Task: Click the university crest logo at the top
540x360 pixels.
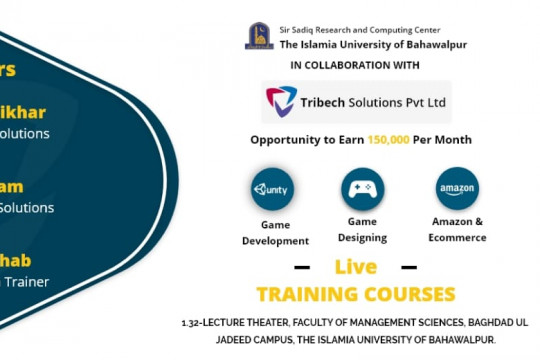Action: coord(259,36)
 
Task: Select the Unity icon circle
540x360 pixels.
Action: coord(273,189)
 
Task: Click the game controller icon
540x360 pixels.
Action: coord(362,188)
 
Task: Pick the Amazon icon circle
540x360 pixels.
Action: coord(457,188)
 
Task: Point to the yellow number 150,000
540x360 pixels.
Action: coord(387,141)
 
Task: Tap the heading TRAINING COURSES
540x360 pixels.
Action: coord(356,294)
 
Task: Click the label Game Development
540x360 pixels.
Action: coord(277,233)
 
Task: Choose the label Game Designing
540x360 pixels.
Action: coord(363,228)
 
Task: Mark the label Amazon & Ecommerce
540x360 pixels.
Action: coord(458,229)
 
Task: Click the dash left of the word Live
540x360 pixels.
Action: coord(302,268)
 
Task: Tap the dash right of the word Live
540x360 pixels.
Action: coord(407,268)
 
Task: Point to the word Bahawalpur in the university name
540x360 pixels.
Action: coord(434,45)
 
